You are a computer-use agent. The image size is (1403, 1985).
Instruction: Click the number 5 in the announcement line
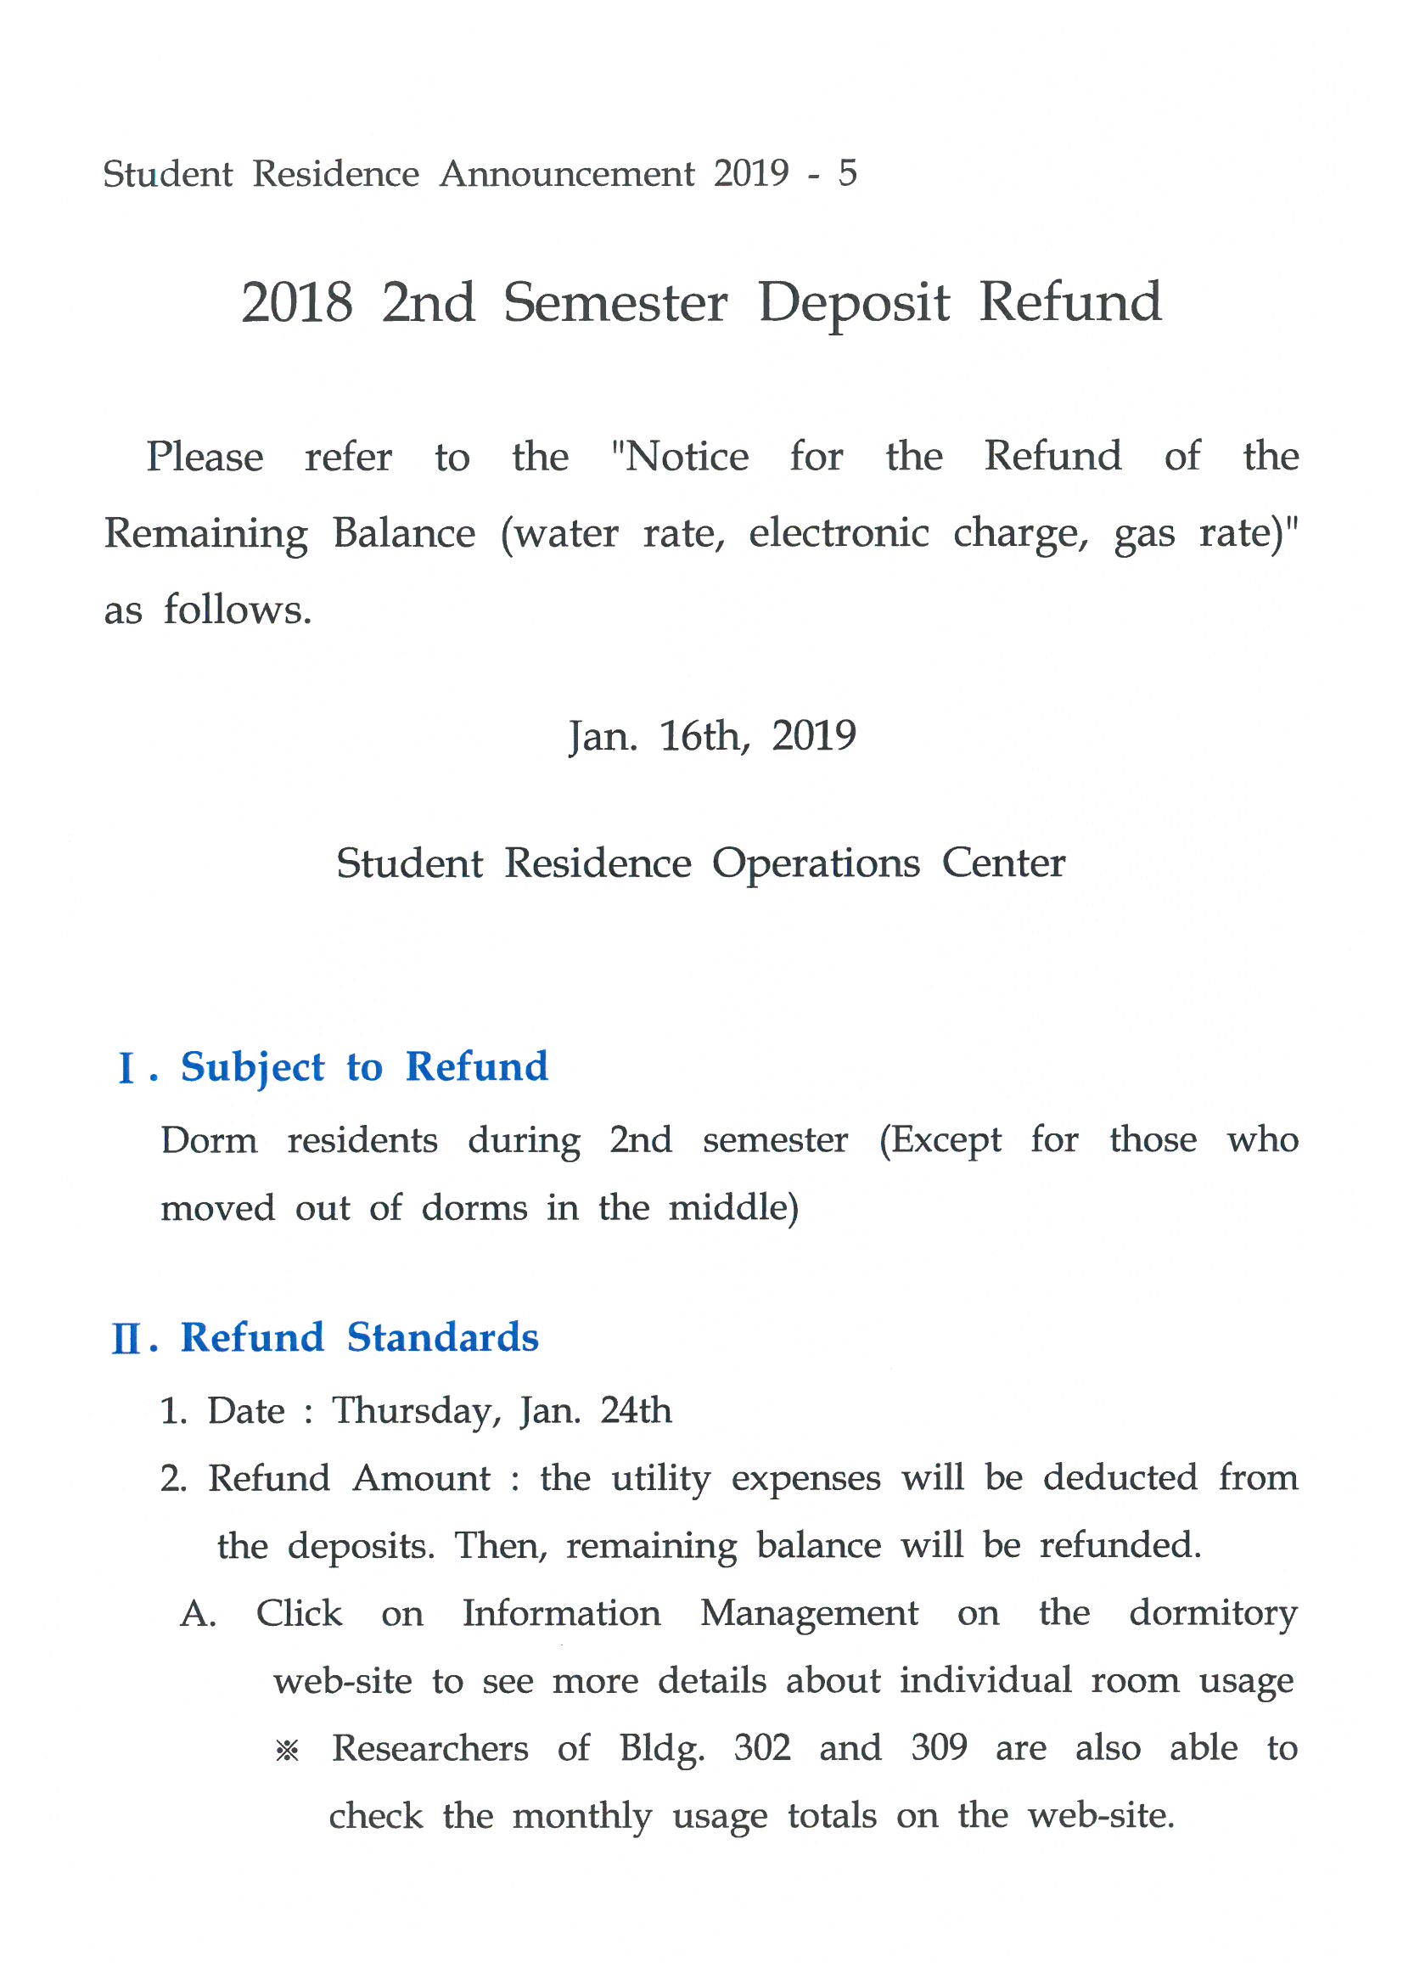(846, 173)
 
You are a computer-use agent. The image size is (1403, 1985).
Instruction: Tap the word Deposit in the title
(853, 304)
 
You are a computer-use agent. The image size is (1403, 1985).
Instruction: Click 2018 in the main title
(296, 302)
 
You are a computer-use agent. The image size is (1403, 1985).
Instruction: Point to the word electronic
(839, 532)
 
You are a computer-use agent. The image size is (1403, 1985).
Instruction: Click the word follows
(238, 610)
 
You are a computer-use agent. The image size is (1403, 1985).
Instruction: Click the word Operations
(815, 863)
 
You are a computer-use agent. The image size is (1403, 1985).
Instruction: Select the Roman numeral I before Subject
(126, 1069)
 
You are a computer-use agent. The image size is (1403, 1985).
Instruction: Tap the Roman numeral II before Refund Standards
(126, 1340)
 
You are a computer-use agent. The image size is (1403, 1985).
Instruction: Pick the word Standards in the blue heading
(442, 1338)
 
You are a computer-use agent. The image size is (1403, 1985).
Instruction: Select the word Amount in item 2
(422, 1479)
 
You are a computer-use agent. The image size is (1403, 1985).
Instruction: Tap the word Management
(809, 1613)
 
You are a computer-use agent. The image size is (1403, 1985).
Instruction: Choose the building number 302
(761, 1748)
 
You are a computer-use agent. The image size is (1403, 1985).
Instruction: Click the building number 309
(938, 1748)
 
